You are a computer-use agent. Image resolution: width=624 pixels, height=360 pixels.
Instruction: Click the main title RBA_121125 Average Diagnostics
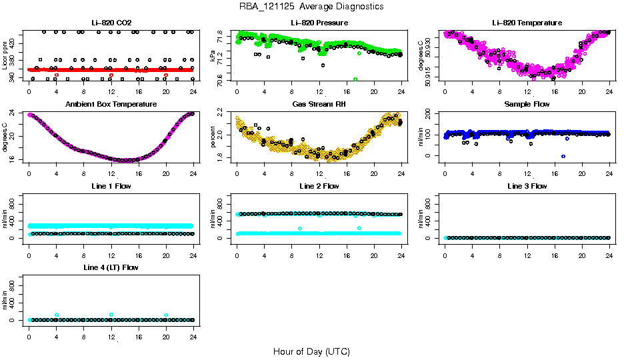pos(311,7)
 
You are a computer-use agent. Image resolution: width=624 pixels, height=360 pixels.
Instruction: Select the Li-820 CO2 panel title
pos(111,23)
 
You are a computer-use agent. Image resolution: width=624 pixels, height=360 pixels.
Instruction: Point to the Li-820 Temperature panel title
pos(527,23)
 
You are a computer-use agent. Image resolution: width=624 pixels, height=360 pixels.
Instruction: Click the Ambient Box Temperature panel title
pos(111,104)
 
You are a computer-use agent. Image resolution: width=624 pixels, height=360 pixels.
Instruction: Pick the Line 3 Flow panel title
pos(527,186)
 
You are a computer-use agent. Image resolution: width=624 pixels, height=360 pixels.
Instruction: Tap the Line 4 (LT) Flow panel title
pos(111,267)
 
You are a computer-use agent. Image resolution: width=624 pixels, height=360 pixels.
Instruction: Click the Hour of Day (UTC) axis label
pos(311,351)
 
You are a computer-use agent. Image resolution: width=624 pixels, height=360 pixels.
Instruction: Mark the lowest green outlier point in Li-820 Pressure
pos(355,79)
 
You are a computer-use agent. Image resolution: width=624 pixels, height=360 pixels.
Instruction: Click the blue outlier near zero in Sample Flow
pos(563,156)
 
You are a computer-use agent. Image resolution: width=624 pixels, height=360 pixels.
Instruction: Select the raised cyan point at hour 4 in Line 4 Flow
pos(57,315)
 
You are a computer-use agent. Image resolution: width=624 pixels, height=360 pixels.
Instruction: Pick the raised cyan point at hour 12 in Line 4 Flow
pos(111,315)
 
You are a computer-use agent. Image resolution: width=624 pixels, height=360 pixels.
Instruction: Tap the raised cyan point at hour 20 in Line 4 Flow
pos(166,315)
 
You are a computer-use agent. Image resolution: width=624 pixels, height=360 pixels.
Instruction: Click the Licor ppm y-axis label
pos(5,56)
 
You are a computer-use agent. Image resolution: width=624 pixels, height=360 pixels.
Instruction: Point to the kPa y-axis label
pos(213,56)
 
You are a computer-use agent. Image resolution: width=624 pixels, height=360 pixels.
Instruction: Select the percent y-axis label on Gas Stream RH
pos(213,137)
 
